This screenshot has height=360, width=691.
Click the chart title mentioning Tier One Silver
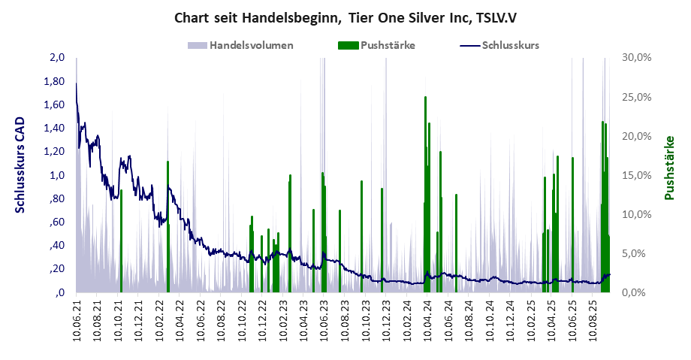[x=345, y=17]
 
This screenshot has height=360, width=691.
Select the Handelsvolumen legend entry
[x=251, y=45]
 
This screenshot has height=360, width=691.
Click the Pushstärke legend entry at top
[x=388, y=45]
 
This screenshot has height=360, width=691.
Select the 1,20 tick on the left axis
[x=57, y=152]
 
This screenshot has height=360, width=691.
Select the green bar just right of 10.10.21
[x=121, y=241]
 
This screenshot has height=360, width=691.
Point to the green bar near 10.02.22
[x=167, y=225]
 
